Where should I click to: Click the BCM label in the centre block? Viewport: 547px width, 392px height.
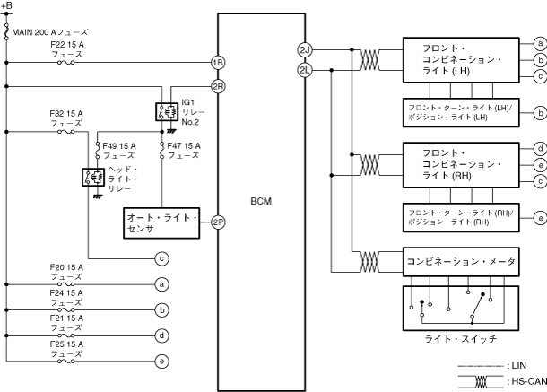point(261,201)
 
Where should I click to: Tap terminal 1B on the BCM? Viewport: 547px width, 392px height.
point(217,63)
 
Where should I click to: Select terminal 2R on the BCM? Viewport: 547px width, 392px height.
point(217,86)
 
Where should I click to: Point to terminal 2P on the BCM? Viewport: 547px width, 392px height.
point(217,222)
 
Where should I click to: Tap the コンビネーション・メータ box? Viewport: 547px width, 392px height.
point(461,261)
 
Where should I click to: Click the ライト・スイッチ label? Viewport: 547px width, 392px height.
point(461,339)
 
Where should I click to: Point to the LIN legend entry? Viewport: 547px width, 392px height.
point(518,366)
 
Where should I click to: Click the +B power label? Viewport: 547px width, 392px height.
point(7,7)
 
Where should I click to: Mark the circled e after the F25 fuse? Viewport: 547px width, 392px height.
point(162,362)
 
